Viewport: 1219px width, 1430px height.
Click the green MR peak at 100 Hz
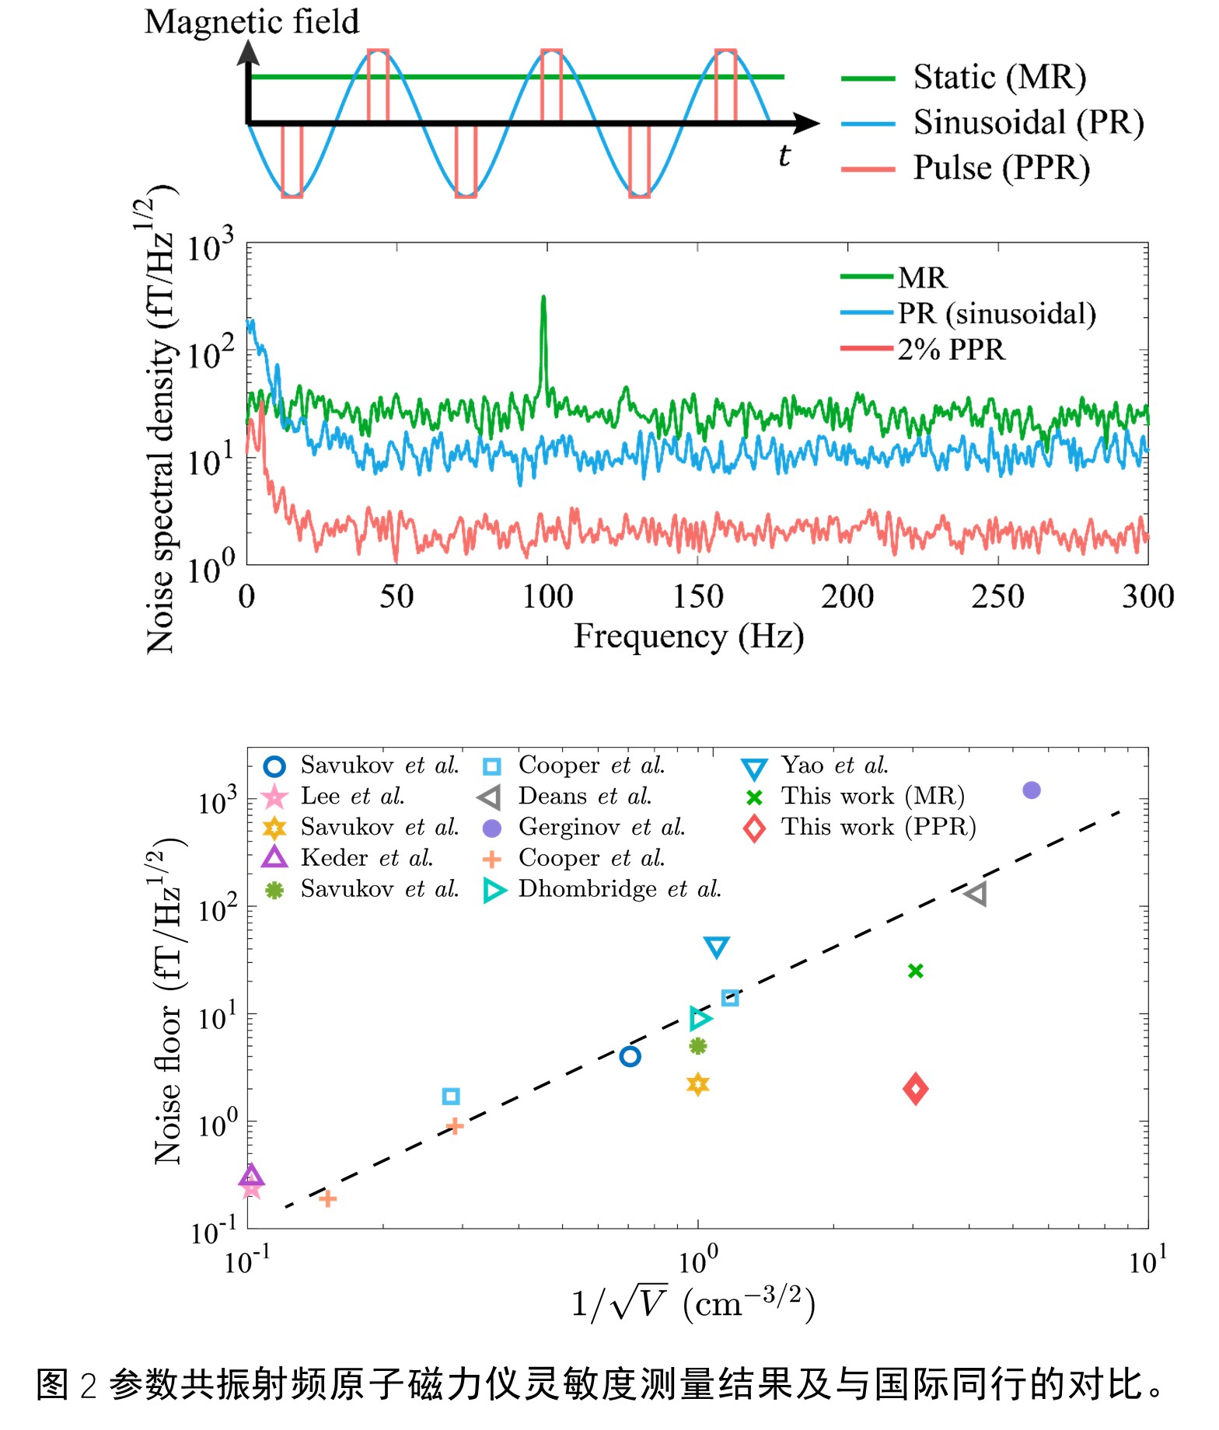click(x=543, y=299)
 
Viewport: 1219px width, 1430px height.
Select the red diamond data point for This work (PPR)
click(x=916, y=1089)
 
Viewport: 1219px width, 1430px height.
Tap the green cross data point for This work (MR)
click(x=916, y=971)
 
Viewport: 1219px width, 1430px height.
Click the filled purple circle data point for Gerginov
click(x=1032, y=790)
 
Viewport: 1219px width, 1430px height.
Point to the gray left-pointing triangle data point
click(x=976, y=894)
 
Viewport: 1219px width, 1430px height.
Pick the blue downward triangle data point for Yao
click(x=716, y=947)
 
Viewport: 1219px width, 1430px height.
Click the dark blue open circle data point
click(x=630, y=1056)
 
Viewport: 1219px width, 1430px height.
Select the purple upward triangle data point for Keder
click(x=251, y=1176)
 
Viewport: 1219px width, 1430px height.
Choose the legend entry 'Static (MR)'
click(x=999, y=78)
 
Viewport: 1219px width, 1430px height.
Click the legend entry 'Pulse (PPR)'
click(x=1001, y=169)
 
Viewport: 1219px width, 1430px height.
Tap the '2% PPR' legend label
click(x=951, y=350)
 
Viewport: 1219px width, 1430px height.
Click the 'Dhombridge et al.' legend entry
click(x=620, y=889)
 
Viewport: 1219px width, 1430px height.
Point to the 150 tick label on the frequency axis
click(x=697, y=597)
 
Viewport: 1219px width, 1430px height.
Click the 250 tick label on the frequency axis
click(x=997, y=597)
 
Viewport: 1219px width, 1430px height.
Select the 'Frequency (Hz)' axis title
click(x=689, y=637)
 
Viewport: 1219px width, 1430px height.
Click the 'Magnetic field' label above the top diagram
click(x=252, y=22)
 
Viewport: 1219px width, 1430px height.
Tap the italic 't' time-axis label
click(x=784, y=156)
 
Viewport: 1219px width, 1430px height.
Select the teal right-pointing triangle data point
click(x=700, y=1017)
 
